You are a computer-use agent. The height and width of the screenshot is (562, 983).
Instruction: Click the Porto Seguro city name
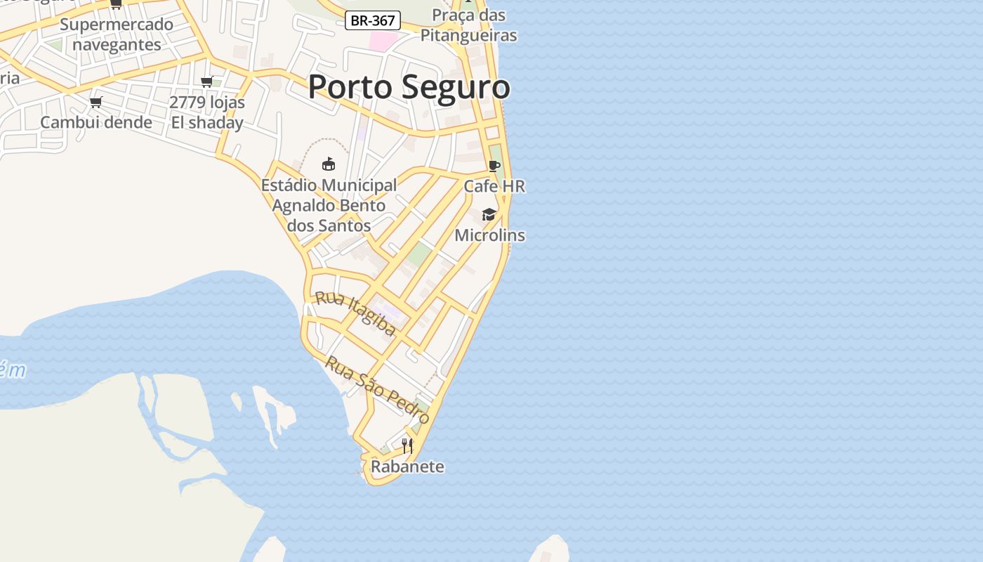pos(409,87)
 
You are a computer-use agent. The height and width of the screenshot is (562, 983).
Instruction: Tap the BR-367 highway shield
pos(373,21)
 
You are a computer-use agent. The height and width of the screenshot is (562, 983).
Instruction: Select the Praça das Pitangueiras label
pos(468,25)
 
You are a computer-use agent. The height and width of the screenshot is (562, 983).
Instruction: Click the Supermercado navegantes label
pos(117,34)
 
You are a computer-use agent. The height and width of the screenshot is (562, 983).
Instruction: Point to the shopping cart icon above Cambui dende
pos(96,102)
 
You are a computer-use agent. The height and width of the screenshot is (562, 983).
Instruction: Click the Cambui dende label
pos(96,122)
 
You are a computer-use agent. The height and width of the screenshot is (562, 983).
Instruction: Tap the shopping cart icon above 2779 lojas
pos(207,82)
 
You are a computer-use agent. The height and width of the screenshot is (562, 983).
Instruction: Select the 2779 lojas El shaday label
pos(207,112)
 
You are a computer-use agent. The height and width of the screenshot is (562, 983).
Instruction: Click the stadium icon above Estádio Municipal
pos(328,164)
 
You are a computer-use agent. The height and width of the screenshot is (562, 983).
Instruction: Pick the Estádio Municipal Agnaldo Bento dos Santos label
pos(329,205)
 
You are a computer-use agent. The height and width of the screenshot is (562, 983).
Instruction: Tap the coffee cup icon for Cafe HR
pos(494,166)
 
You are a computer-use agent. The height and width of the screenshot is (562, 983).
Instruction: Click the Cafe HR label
pos(494,186)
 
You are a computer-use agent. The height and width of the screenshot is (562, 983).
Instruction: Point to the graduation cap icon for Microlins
pos(489,214)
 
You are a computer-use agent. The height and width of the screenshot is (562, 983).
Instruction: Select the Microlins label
pos(489,235)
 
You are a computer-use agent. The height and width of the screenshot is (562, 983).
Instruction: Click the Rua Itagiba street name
pos(356,313)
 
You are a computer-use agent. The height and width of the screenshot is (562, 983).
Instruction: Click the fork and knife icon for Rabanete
pos(407,445)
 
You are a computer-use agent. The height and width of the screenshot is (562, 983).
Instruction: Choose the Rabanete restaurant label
pos(407,466)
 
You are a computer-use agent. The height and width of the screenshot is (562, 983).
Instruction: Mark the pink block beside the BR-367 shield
pos(383,40)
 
